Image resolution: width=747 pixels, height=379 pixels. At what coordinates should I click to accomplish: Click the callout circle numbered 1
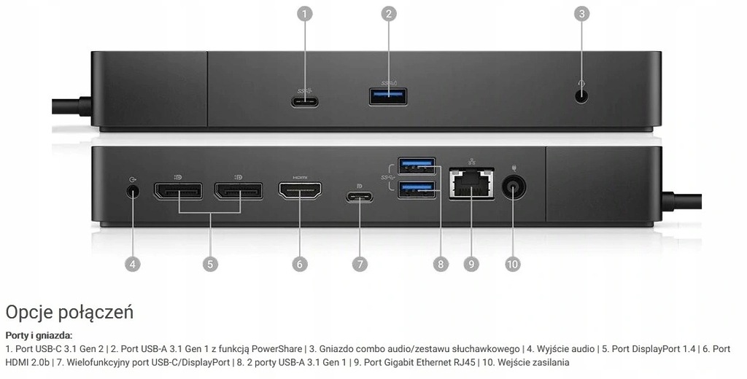(x=305, y=13)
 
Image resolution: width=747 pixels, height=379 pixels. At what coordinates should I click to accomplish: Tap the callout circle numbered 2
(x=389, y=13)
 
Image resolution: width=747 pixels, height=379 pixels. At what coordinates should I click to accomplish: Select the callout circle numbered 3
(x=581, y=13)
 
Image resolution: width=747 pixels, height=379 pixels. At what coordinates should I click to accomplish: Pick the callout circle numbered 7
(x=360, y=264)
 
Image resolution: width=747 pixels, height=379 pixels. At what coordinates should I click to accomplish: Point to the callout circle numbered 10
(x=513, y=264)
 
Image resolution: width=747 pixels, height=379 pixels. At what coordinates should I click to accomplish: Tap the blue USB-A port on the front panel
(x=388, y=96)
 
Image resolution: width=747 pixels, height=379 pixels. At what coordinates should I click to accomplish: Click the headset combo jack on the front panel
(x=581, y=95)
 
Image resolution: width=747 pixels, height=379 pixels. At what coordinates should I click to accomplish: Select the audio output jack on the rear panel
(x=132, y=192)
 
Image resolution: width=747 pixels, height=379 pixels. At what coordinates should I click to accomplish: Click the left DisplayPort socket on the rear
(x=179, y=192)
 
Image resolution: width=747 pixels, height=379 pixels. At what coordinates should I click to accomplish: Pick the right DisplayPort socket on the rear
(x=239, y=192)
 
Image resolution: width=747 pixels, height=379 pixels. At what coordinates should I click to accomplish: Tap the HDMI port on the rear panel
(x=300, y=192)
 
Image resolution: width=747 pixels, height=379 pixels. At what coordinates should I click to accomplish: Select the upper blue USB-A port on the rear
(x=417, y=166)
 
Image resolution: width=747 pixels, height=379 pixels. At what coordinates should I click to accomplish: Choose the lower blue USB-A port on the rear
(x=417, y=190)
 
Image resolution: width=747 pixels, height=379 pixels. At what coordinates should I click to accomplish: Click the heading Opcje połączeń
(x=69, y=313)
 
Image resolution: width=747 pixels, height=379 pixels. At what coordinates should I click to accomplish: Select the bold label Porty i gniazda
(x=39, y=336)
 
